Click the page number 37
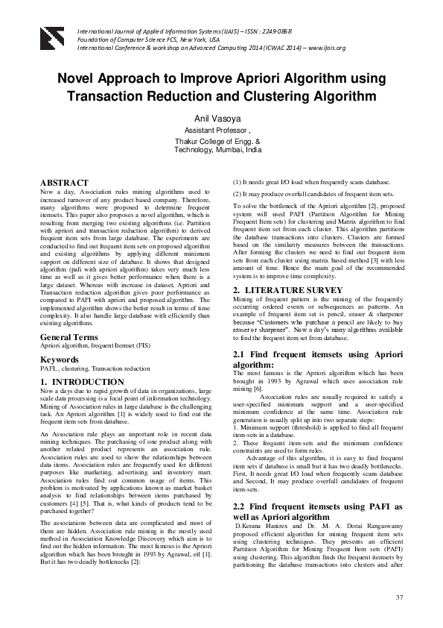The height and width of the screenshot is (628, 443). (399, 597)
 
